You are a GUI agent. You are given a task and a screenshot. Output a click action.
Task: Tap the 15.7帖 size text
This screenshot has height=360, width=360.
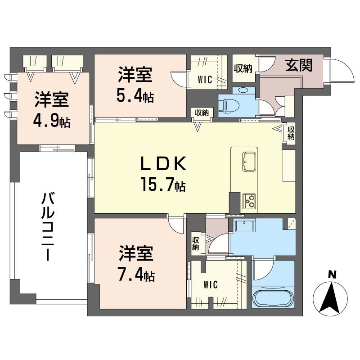point(163,184)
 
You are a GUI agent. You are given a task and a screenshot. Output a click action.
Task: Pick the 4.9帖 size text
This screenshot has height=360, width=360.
point(52,121)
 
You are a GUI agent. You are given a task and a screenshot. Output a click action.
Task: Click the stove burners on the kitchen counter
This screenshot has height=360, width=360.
point(249,200)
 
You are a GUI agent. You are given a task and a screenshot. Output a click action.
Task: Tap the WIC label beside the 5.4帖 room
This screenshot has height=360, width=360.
point(205,81)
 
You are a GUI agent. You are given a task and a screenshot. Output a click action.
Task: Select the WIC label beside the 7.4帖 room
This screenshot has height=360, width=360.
point(210,284)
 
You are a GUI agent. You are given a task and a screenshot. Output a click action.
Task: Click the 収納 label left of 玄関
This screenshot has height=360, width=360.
point(243,68)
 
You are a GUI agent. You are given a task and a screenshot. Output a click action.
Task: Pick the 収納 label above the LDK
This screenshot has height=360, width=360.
point(202,112)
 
